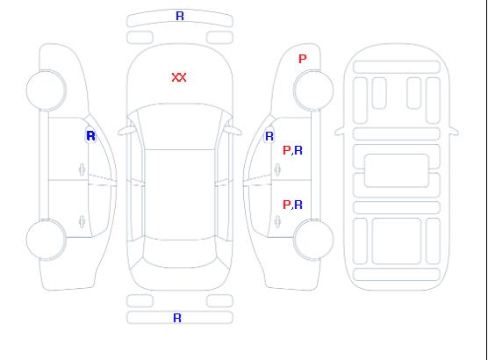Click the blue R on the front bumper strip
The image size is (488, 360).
click(180, 16)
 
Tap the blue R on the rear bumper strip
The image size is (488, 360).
click(177, 318)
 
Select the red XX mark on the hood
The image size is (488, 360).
click(179, 77)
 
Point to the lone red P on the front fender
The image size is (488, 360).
click(302, 59)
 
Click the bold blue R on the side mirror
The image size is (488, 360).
click(90, 136)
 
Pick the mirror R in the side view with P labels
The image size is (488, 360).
click(269, 136)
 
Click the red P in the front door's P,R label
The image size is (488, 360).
click(286, 150)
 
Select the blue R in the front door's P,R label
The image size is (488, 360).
click(298, 150)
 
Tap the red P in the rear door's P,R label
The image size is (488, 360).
click(286, 205)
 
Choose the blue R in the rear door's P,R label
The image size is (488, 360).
click(298, 205)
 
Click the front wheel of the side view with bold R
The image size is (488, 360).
click(46, 90)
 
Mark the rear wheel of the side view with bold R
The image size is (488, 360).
click(46, 240)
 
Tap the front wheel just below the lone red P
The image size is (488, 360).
click(313, 90)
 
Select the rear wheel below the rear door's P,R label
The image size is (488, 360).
click(313, 240)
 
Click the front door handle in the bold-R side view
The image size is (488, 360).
click(82, 169)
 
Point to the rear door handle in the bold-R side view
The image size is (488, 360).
click(82, 221)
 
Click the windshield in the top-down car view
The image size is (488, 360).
click(180, 126)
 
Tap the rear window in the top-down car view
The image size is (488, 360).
click(180, 253)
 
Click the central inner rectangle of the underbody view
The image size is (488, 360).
click(397, 170)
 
